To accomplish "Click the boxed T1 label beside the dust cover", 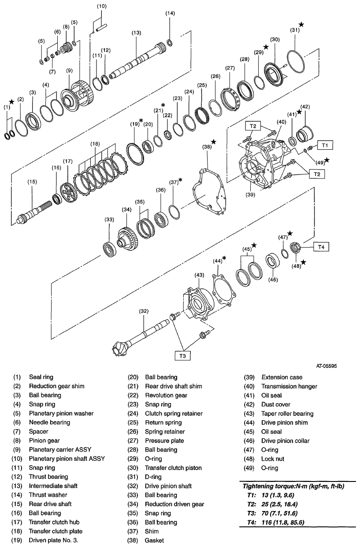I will pyautogui.click(x=324, y=144).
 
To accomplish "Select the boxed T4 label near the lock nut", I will pyautogui.click(x=321, y=247).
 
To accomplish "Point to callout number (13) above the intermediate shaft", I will pyautogui.click(x=136, y=33).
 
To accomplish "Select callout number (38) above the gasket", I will pyautogui.click(x=206, y=147).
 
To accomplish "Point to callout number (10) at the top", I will pyautogui.click(x=101, y=6).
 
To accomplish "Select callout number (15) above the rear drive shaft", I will pyautogui.click(x=32, y=181).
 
